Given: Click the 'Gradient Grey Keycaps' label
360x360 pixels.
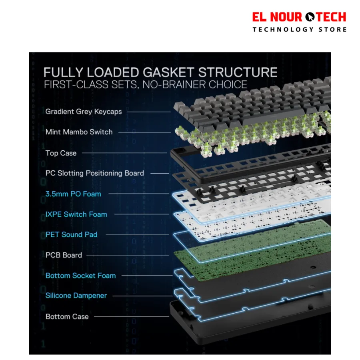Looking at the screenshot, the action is [84, 112].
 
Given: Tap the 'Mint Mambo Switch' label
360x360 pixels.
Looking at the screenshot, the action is [79, 132].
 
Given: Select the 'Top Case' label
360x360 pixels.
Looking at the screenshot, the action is [61, 153].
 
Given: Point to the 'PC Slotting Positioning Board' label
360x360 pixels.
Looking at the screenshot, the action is [94, 173].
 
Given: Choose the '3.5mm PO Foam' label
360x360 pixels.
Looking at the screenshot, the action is [73, 194].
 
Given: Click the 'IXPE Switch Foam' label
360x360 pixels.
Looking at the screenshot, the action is [76, 214].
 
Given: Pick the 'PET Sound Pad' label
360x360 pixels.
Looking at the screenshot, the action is [72, 235].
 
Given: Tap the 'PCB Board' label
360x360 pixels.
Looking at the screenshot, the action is [64, 255].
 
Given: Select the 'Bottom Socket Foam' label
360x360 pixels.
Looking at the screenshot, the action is [80, 276].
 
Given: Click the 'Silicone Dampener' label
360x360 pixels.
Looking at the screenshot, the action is [76, 296].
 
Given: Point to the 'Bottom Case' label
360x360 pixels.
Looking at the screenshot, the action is [67, 317].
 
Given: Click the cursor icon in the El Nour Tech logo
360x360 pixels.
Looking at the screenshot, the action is [310, 17].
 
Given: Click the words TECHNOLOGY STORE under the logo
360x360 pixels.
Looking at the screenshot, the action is [300, 29].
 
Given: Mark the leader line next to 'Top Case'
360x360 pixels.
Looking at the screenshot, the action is [124, 153].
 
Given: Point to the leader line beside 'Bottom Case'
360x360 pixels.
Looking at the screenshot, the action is [132, 316].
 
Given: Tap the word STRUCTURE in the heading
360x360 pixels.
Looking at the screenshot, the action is [238, 72].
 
